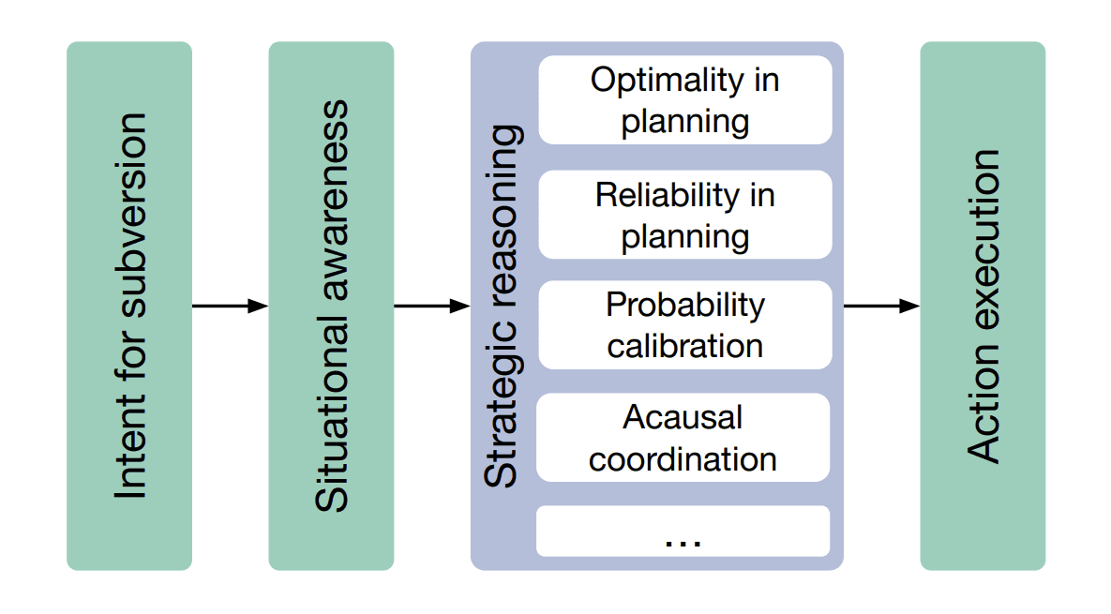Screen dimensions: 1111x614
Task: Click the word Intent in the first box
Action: (130, 445)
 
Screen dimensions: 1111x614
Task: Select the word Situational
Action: (332, 413)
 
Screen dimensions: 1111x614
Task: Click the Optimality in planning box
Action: (685, 100)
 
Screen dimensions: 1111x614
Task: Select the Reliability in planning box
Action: (685, 215)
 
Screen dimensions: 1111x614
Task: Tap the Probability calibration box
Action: (685, 325)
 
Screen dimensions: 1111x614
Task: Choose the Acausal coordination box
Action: (683, 438)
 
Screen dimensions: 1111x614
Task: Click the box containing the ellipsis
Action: (683, 532)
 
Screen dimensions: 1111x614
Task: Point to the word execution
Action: (983, 241)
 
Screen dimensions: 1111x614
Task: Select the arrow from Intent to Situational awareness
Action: (231, 306)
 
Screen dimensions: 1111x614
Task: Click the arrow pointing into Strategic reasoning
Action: (432, 306)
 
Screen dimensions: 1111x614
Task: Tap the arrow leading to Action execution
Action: (882, 306)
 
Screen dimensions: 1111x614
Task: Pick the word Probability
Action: (685, 307)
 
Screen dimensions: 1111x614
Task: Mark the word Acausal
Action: (683, 417)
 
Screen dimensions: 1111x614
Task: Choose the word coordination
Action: (683, 459)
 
